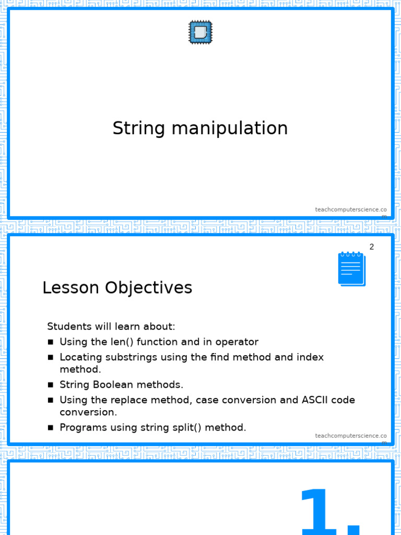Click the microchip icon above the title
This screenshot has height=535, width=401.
click(200, 32)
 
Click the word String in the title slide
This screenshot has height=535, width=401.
click(139, 129)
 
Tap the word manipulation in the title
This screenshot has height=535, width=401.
click(230, 129)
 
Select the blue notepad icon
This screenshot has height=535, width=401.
click(352, 269)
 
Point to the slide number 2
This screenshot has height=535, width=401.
click(372, 247)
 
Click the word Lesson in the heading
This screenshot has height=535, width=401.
click(70, 287)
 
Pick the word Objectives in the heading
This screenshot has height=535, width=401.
click(149, 288)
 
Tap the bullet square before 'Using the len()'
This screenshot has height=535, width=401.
click(51, 342)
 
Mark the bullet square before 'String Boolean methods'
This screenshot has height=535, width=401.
click(51, 385)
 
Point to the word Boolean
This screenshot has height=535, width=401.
click(113, 385)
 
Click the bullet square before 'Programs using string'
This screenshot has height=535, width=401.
click(51, 427)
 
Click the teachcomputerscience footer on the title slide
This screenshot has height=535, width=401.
click(351, 212)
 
